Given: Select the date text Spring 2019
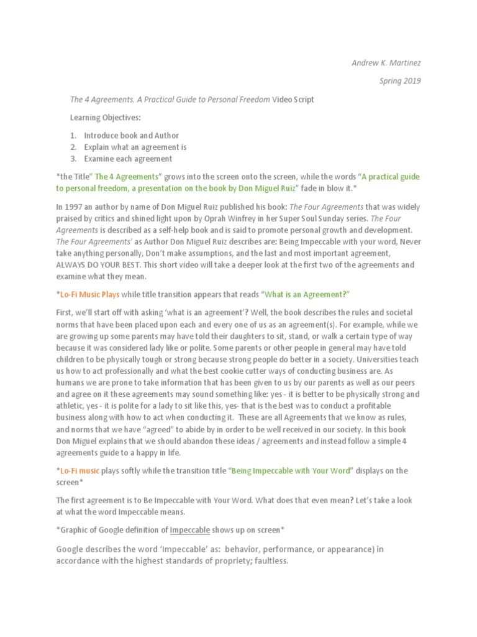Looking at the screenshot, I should (400, 81).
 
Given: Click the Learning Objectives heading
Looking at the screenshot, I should (106, 117).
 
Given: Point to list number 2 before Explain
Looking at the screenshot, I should (73, 147).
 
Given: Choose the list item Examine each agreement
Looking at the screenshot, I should (128, 159).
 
